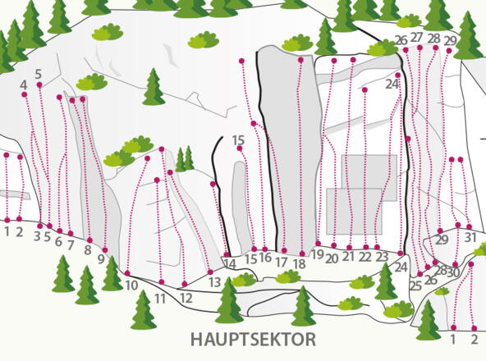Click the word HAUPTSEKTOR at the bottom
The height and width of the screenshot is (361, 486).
(253, 339)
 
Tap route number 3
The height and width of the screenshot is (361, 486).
(38, 237)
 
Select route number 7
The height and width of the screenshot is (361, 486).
(71, 244)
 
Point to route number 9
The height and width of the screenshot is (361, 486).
(102, 259)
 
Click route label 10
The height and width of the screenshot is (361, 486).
(131, 286)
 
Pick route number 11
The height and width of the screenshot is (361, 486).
(160, 299)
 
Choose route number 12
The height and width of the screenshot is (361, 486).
(186, 298)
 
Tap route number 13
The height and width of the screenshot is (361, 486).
(214, 282)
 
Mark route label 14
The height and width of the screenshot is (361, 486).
(230, 264)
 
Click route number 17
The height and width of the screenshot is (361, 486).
(282, 263)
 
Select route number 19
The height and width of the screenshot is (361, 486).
(317, 255)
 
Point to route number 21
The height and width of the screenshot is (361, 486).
(348, 258)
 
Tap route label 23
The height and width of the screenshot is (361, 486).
(382, 258)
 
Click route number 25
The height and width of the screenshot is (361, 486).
(415, 286)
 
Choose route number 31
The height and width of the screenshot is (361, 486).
(470, 238)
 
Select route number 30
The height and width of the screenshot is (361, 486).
(453, 272)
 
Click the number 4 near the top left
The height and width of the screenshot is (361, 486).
(24, 85)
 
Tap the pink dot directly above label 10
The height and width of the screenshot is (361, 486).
(127, 272)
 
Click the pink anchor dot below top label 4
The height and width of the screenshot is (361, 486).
(24, 95)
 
